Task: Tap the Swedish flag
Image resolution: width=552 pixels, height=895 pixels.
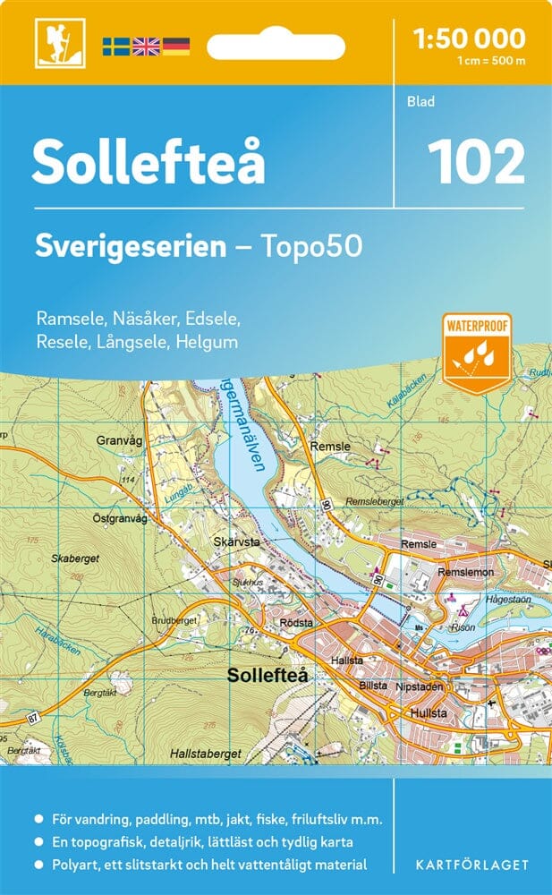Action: pos(115,46)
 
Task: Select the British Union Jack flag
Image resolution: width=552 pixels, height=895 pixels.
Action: pos(145,46)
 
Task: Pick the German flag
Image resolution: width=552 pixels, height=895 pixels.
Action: pos(175,46)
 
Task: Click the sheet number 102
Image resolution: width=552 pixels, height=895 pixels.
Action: pos(475,163)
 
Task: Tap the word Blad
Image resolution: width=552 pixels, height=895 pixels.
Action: pos(420,102)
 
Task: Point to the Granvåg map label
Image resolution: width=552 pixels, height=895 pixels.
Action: pos(120,440)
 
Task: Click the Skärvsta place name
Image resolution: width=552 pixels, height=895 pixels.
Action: pos(237,542)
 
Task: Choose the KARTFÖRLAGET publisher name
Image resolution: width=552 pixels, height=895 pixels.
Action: pos(472,865)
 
